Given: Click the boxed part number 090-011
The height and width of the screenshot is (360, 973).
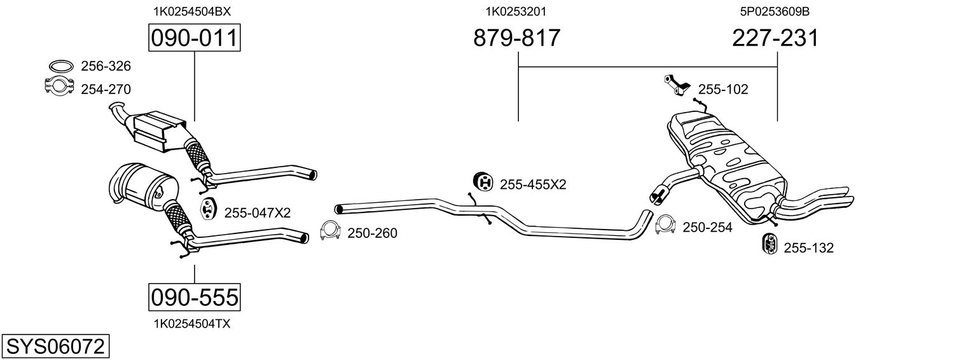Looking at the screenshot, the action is click(194, 38).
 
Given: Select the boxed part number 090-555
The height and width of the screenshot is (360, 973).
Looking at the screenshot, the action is click(194, 296).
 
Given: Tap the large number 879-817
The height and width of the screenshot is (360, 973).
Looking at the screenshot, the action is click(517, 38).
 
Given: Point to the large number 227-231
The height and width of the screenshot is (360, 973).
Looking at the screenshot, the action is click(775, 38).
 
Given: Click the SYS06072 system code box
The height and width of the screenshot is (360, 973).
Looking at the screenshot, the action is click(55, 347).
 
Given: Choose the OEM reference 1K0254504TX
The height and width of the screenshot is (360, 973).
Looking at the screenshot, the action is click(191, 324).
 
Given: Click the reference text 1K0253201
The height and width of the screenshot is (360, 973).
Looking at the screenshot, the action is click(516, 11).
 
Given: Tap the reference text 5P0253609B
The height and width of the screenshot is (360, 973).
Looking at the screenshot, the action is click(774, 11).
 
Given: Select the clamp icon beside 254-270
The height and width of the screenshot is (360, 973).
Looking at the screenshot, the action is click(59, 86).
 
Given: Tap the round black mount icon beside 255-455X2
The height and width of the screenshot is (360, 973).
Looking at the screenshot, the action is click(483, 183).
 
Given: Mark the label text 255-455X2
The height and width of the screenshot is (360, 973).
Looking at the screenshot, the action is click(533, 184).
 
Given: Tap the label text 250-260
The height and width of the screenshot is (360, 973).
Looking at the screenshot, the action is click(372, 233).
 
